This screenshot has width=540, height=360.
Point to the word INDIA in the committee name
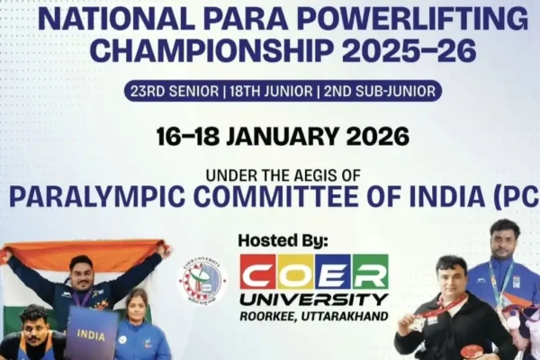454,196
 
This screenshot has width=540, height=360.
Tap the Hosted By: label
283,240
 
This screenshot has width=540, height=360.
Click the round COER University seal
202,282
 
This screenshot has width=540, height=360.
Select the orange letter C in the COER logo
258,272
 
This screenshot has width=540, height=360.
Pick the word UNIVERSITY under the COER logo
314,298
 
